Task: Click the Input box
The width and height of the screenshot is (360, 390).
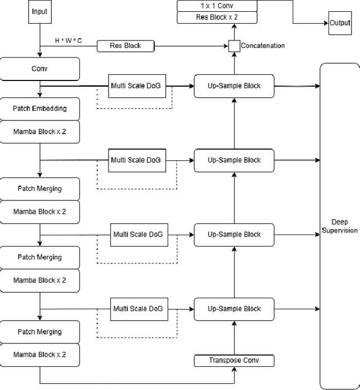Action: (40, 12)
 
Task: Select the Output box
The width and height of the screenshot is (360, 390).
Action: (339, 23)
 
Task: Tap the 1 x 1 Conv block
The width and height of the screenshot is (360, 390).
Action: (217, 6)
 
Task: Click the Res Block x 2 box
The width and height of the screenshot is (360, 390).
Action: (217, 17)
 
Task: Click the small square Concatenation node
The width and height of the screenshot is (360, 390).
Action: (234, 46)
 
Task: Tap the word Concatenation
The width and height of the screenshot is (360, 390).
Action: (263, 46)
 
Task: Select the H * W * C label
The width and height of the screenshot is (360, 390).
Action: (68, 41)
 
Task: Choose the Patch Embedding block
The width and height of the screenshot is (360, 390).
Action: (40, 109)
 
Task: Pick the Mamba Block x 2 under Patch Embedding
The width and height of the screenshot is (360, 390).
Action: (40, 132)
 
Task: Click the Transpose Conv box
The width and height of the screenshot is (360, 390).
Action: (235, 360)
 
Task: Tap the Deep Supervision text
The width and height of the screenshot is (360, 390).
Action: (339, 226)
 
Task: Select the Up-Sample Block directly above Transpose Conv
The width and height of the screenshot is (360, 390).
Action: (235, 308)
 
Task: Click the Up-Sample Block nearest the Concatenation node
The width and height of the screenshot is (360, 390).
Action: (235, 86)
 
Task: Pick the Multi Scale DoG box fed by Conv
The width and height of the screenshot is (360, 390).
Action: (136, 86)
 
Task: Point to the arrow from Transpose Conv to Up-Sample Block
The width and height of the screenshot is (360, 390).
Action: (235, 338)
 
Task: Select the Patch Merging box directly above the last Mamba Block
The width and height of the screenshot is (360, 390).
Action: (40, 331)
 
